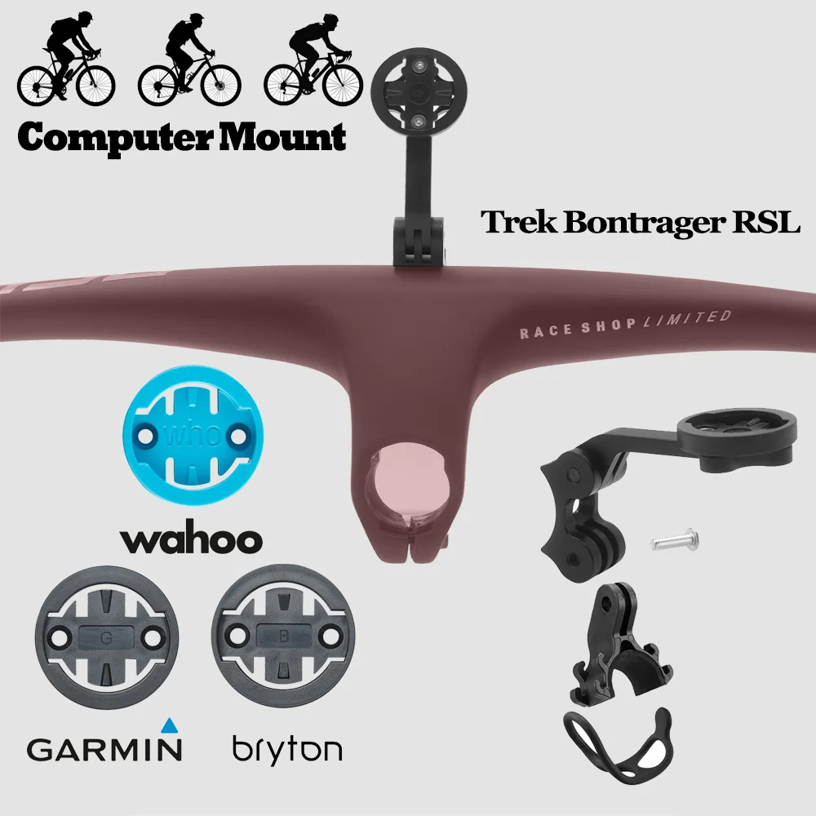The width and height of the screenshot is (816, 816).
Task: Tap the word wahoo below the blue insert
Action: coord(192,539)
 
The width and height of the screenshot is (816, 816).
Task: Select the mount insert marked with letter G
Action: coord(104,636)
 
